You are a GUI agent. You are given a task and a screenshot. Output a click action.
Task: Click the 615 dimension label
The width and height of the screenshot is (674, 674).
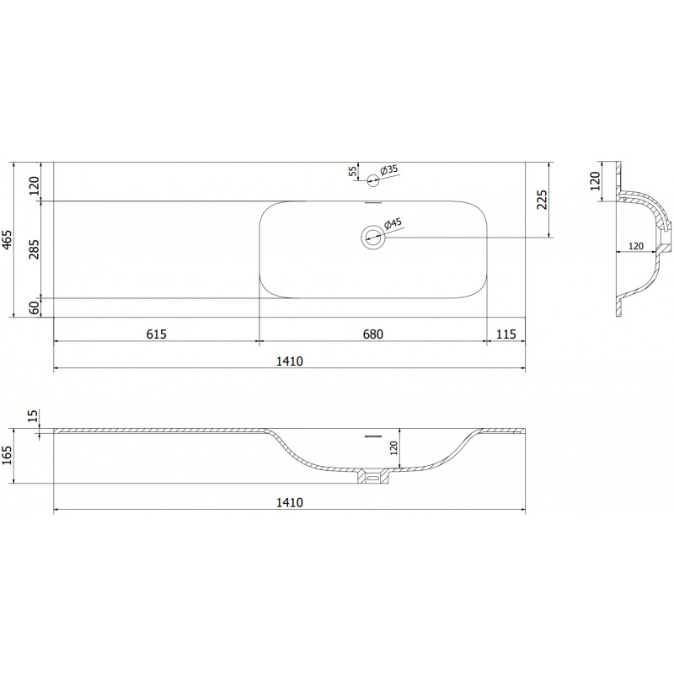pyautogui.click(x=156, y=334)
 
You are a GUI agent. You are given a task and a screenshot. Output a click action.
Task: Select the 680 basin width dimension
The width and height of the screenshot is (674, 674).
pyautogui.click(x=372, y=334)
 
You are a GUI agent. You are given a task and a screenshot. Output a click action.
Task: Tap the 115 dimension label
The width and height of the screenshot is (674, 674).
pyautogui.click(x=506, y=334)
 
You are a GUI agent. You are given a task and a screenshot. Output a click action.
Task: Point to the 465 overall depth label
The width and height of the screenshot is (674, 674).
pyautogui.click(x=8, y=240)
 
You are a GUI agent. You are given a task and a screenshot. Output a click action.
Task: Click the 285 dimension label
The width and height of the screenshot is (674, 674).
pyautogui.click(x=34, y=249)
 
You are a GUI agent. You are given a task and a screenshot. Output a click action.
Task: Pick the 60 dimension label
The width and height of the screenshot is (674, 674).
pyautogui.click(x=34, y=308)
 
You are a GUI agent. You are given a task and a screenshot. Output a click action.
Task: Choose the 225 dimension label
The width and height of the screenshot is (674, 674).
pyautogui.click(x=543, y=200)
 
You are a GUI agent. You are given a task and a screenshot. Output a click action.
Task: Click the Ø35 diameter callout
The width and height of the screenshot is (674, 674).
pyautogui.click(x=388, y=169)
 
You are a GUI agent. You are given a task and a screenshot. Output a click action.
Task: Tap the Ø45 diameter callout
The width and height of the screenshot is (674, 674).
pyautogui.click(x=392, y=223)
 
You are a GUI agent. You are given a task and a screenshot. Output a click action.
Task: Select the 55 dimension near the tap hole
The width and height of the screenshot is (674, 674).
pyautogui.click(x=352, y=171)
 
